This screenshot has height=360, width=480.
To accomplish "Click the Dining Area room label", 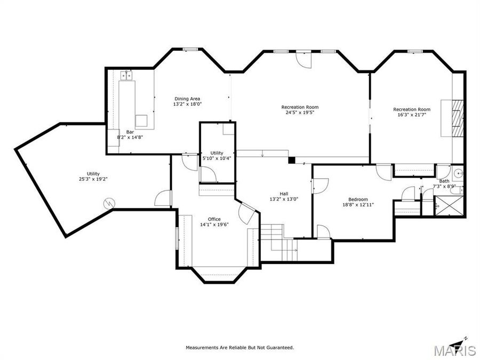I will coord(187,98).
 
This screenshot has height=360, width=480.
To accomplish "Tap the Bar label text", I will coord(130,131).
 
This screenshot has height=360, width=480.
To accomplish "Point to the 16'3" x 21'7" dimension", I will coord(411,115).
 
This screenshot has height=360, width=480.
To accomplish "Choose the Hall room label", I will coord(284,193).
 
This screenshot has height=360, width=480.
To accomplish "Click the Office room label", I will coord(214,219).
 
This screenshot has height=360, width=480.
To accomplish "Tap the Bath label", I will coord(444,181).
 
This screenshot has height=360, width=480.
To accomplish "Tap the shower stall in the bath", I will coord(448,205).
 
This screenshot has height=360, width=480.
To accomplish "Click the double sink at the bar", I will coord(126,75).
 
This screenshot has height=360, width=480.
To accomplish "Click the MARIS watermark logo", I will coord(454,350).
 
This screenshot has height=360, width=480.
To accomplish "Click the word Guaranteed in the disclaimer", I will coord(278,347).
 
